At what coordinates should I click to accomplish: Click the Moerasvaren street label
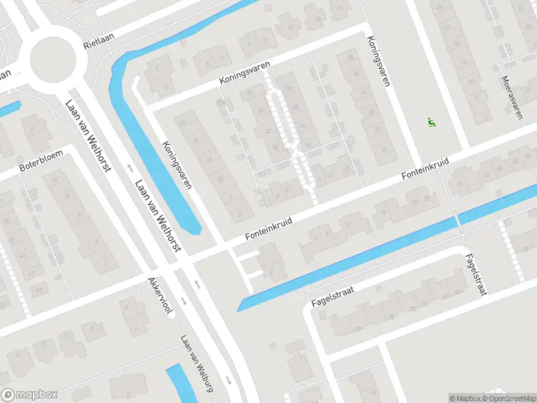[511, 97]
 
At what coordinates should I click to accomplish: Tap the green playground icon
[431, 122]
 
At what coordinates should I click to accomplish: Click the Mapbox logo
[29, 395]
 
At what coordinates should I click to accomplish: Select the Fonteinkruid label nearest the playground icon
[425, 168]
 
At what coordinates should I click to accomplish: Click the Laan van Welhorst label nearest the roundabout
[87, 134]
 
